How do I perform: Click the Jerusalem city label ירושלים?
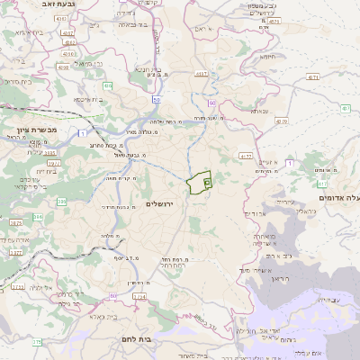[164, 204]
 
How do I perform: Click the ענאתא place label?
[258, 111]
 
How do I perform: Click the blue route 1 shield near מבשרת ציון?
[82, 133]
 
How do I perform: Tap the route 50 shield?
[157, 99]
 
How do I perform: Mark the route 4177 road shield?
[246, 156]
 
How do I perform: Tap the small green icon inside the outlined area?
[207, 183]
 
